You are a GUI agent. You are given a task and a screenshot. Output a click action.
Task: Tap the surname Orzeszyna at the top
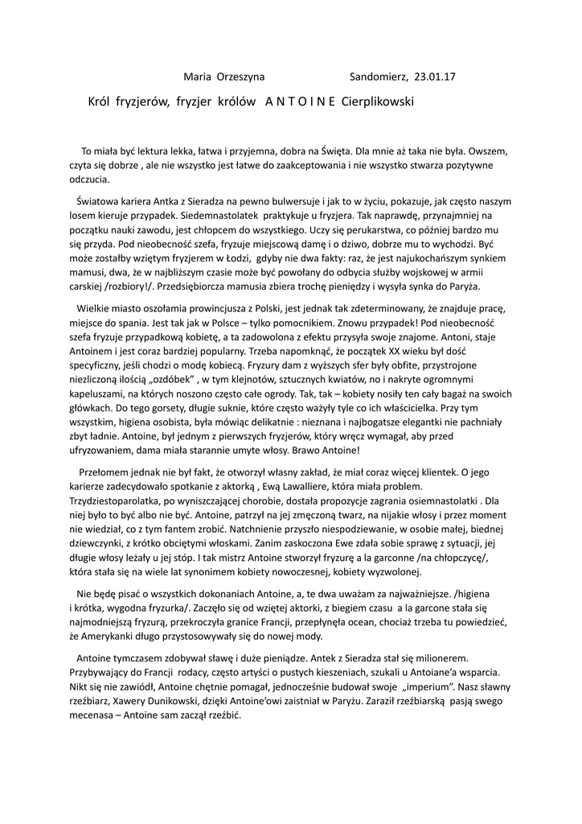pyautogui.click(x=241, y=78)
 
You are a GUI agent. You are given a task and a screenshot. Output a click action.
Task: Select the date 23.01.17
pyautogui.click(x=435, y=78)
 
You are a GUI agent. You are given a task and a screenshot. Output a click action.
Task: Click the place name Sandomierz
pyautogui.click(x=379, y=78)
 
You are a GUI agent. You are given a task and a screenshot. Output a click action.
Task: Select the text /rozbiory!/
pyautogui.click(x=133, y=286)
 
